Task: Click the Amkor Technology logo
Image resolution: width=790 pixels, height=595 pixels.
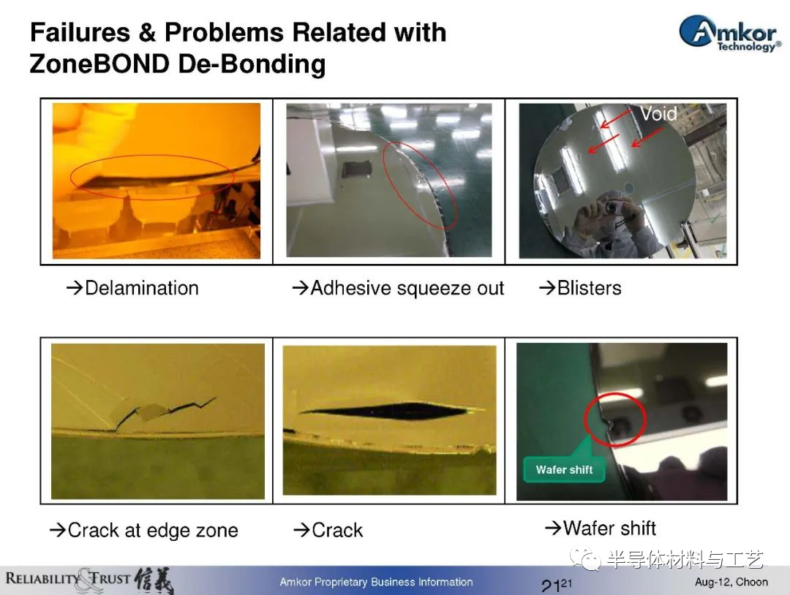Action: tap(730, 34)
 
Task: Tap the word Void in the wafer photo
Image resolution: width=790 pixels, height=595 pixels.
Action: tap(658, 113)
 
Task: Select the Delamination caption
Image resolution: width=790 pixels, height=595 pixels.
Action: tap(132, 288)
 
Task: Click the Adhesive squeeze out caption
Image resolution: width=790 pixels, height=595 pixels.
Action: tap(398, 288)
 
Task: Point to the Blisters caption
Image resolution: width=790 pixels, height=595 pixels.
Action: tap(580, 288)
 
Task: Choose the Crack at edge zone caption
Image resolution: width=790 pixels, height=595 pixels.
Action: tap(143, 530)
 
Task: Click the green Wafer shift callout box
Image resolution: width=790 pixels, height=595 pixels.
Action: tap(564, 469)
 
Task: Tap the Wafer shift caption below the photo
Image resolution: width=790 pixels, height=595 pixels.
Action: tap(600, 528)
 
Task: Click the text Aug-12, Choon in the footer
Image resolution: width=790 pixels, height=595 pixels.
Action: tap(731, 582)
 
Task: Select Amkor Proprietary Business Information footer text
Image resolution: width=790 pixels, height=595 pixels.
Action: tap(377, 582)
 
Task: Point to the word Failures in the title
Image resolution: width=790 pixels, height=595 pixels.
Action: tap(80, 32)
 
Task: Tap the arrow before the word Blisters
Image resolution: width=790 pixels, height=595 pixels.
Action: tap(547, 288)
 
